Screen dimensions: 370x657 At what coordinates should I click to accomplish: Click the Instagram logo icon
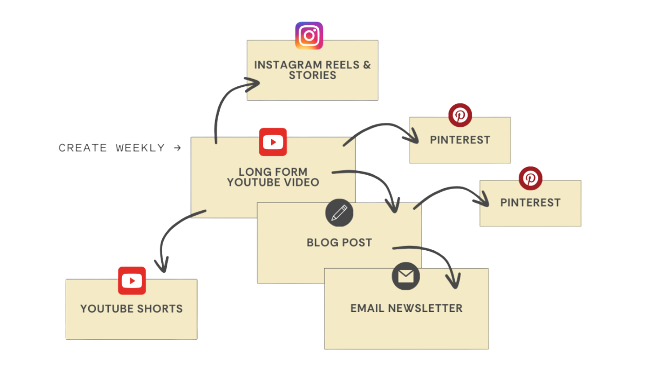tap(309, 35)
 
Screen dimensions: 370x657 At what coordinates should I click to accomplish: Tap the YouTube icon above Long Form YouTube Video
tap(273, 142)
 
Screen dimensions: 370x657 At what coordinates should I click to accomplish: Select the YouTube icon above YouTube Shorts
tap(132, 281)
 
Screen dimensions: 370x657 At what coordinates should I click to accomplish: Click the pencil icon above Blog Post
tap(339, 212)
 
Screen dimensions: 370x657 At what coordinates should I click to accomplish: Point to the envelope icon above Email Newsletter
tap(405, 276)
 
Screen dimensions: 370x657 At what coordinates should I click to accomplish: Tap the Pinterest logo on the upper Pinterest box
tap(460, 115)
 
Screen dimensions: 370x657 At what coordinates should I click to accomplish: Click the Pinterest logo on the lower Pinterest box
tap(530, 178)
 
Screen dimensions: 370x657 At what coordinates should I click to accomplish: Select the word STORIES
tap(313, 76)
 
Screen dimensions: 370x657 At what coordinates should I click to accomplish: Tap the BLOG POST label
tap(339, 243)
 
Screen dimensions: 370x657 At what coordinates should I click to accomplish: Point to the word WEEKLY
tap(140, 148)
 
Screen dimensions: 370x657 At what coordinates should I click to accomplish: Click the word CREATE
tap(83, 148)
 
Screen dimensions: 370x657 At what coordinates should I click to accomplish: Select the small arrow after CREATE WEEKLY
tap(178, 148)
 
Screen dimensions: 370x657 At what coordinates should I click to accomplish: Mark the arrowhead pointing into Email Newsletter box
tap(453, 282)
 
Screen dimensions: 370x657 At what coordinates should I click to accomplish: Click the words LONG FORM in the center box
tap(273, 172)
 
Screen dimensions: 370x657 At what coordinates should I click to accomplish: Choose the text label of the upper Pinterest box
tap(460, 140)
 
